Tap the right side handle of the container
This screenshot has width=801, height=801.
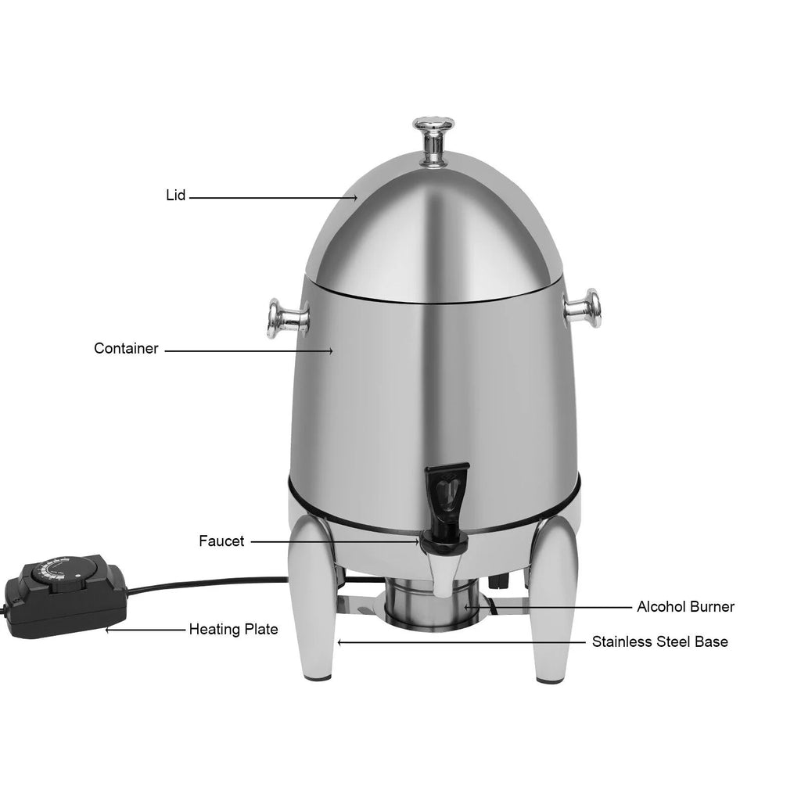coord(583,306)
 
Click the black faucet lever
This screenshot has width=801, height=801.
coord(442,490)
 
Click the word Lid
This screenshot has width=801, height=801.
coord(176,196)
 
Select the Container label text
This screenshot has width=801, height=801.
coord(126,349)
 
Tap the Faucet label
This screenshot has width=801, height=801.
coord(221,541)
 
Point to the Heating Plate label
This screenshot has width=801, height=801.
coord(233,629)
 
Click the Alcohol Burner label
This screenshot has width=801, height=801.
coord(686,606)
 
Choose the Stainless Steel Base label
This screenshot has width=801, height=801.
coord(659,642)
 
